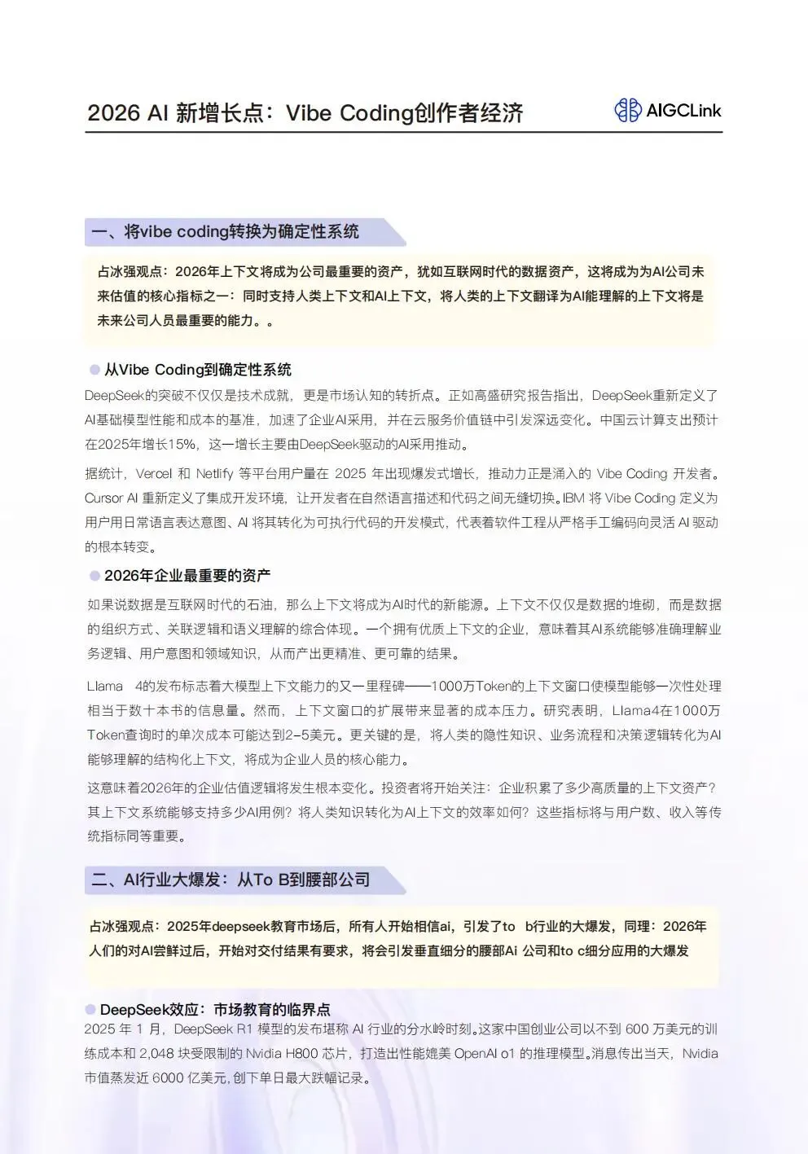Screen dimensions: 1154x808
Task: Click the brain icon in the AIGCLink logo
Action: click(x=628, y=110)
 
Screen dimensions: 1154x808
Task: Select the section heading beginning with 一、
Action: click(x=225, y=232)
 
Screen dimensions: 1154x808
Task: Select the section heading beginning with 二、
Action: click(x=231, y=880)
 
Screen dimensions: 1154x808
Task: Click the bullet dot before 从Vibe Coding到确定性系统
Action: click(x=94, y=370)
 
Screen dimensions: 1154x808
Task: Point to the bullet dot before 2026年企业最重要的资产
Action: click(x=94, y=576)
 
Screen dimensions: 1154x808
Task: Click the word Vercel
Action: click(x=154, y=474)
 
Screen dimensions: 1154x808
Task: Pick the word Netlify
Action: click(x=214, y=474)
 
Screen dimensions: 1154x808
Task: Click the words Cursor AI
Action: click(x=111, y=498)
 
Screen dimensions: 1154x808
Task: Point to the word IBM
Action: click(x=573, y=498)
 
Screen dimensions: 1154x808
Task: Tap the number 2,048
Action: click(x=156, y=1054)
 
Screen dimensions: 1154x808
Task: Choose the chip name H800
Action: click(x=301, y=1054)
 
